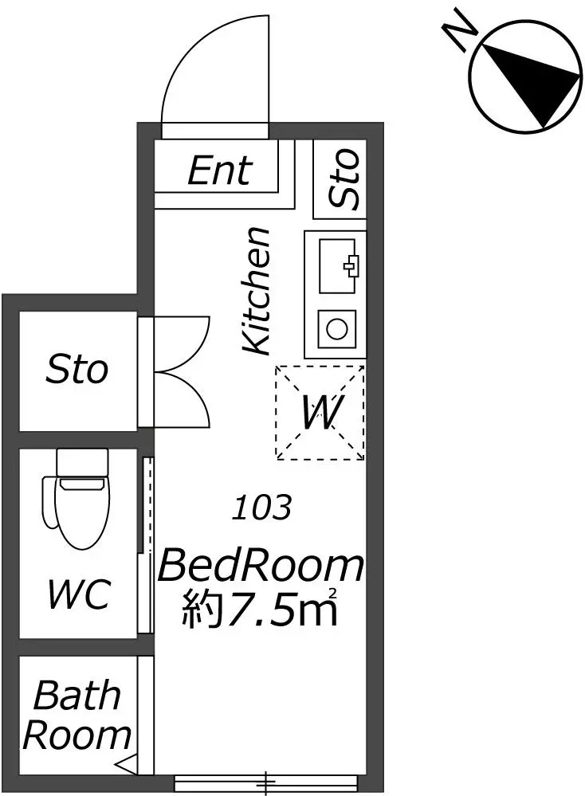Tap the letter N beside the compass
click(460, 30)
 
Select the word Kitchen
click(255, 291)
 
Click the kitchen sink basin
click(338, 265)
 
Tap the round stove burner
click(336, 328)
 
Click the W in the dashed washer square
click(320, 412)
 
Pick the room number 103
click(262, 507)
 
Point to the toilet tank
click(83, 462)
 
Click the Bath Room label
click(77, 716)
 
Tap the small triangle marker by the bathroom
click(126, 763)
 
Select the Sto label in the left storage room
click(77, 370)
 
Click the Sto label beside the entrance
click(344, 178)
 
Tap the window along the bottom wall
click(266, 782)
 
